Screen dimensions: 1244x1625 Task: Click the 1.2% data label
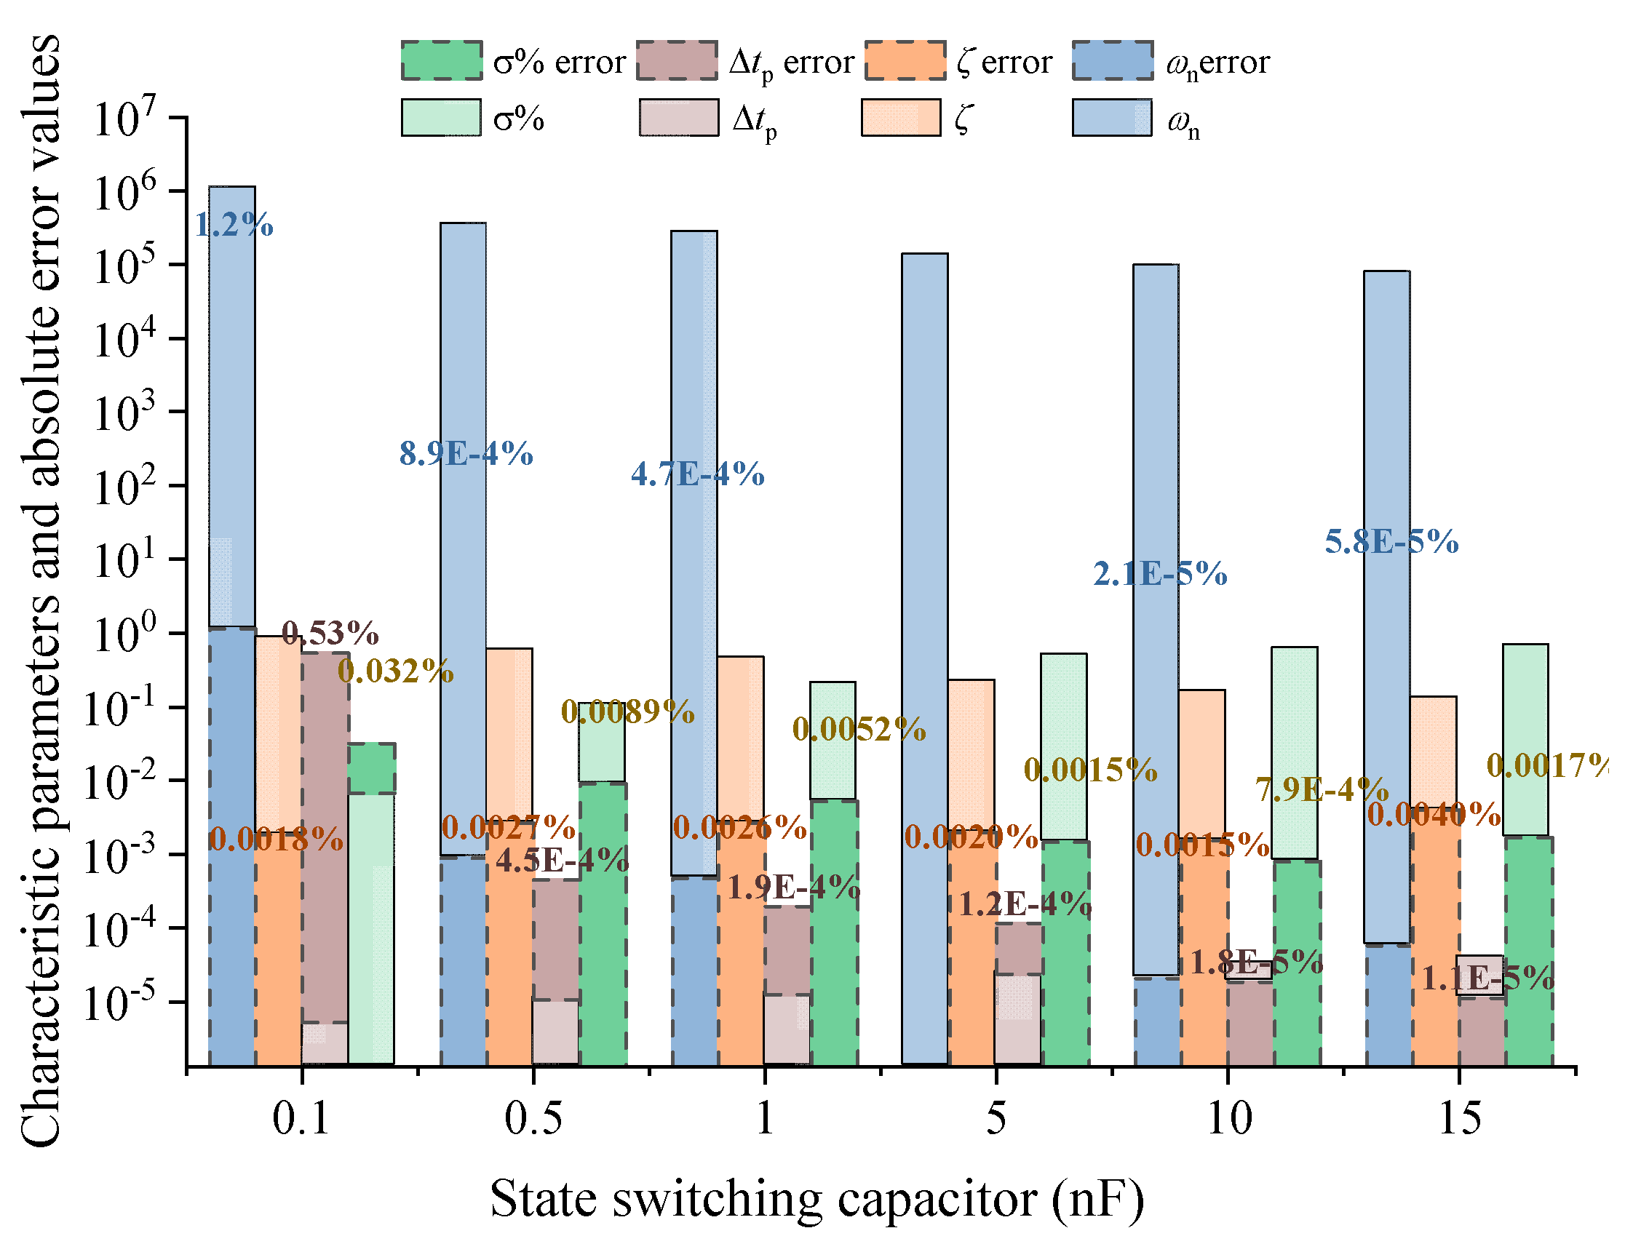[234, 225]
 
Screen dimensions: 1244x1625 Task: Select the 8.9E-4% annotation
[466, 453]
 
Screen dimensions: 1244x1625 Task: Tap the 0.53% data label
[330, 633]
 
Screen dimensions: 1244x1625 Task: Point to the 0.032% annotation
[395, 671]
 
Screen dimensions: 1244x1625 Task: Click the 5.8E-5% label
[1391, 542]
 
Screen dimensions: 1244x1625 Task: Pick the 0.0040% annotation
[1434, 815]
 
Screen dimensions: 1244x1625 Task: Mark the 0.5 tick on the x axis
[533, 1118]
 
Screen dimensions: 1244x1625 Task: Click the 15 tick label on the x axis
[1460, 1118]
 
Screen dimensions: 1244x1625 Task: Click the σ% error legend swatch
[442, 60]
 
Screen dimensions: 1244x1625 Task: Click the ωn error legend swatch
[1113, 60]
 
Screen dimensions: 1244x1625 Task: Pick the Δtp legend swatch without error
[678, 119]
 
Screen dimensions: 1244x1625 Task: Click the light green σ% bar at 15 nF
[1525, 741]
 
